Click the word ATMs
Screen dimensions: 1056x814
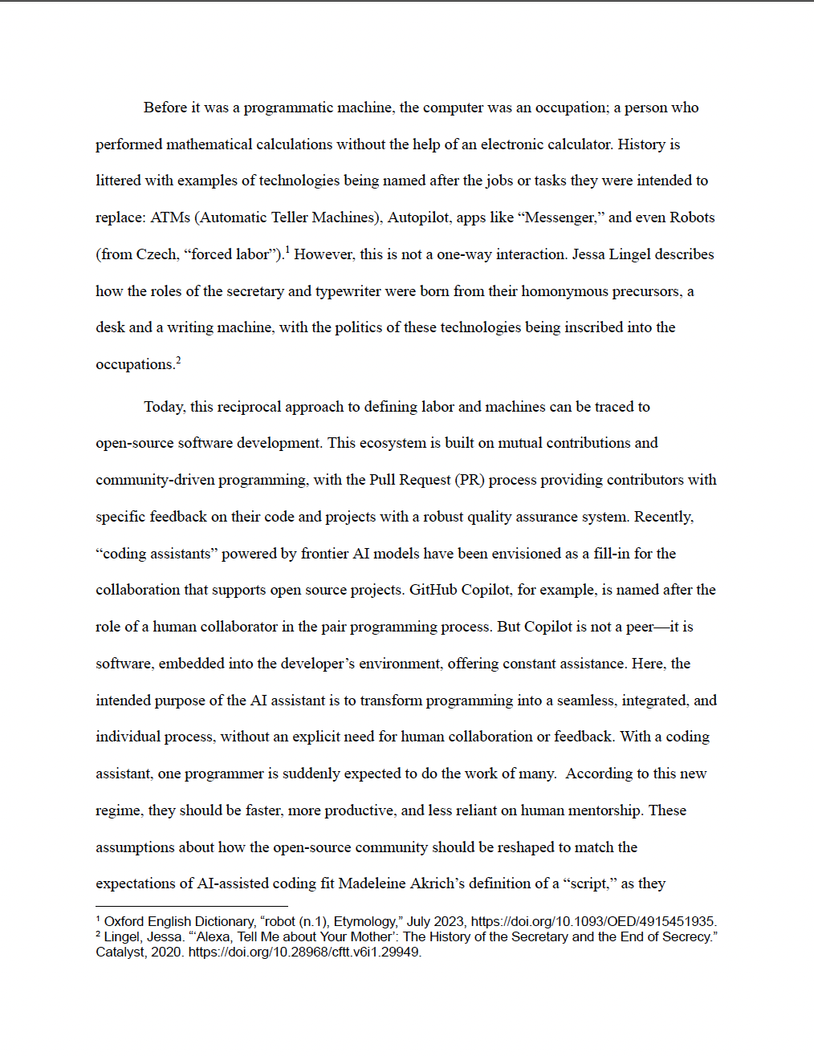pos(170,217)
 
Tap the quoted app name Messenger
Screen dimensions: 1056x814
pos(559,217)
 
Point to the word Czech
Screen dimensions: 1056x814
pos(156,254)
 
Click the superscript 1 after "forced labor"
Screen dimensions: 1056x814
pos(287,250)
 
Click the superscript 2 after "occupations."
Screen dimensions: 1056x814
pos(178,359)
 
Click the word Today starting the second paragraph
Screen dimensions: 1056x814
pos(164,407)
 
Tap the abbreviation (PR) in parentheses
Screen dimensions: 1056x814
pos(469,480)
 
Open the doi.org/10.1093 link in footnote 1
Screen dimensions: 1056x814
pos(593,921)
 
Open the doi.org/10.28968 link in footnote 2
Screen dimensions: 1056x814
pos(304,952)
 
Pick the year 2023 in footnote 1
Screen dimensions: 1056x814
pos(449,921)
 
